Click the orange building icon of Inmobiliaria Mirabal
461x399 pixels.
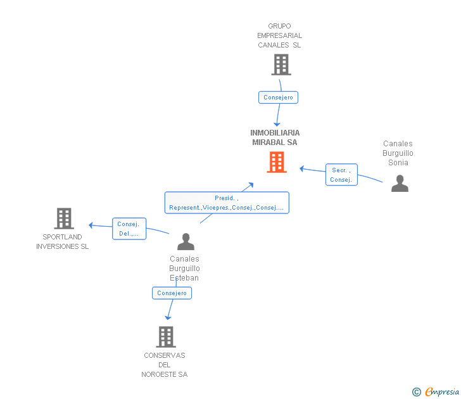[x=277, y=162]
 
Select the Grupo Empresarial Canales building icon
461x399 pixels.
[x=281, y=65]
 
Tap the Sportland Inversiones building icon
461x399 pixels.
[x=64, y=218]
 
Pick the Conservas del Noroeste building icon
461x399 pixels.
[x=166, y=337]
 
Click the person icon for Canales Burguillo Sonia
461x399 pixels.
[x=400, y=184]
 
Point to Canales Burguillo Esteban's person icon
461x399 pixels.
[x=186, y=242]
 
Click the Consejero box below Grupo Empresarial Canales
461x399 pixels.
[x=278, y=98]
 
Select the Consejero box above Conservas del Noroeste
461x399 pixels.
[x=172, y=293]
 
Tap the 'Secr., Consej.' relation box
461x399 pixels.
[x=341, y=175]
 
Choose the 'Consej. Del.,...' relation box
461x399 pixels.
[x=129, y=229]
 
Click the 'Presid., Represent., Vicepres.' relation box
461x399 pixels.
[x=227, y=203]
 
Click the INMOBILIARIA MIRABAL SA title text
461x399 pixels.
[x=275, y=137]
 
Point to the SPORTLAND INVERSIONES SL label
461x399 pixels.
[x=62, y=242]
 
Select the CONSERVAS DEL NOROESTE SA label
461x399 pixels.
[x=165, y=365]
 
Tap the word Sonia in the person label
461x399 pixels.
[x=398, y=163]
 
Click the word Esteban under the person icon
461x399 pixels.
[x=184, y=278]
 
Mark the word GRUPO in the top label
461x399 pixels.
[x=279, y=26]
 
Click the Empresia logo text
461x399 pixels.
[x=441, y=391]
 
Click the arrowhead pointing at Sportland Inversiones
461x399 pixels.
[x=91, y=225]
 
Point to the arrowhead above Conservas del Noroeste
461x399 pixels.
[x=168, y=318]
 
